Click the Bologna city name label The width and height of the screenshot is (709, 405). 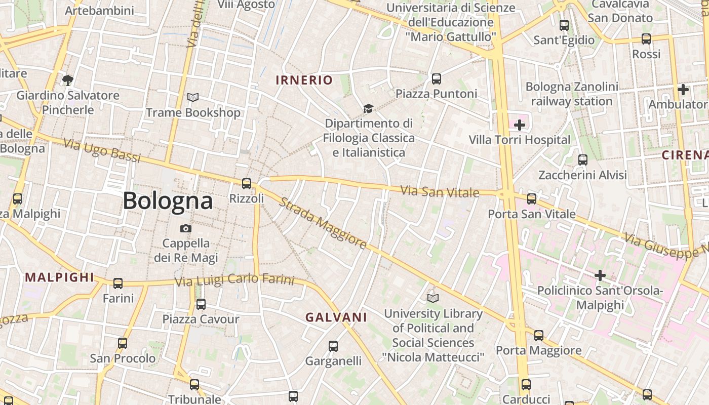tap(168, 201)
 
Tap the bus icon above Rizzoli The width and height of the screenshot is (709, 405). tap(247, 184)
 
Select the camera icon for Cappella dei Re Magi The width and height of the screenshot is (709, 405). tap(186, 228)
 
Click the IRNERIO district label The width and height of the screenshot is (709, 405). tap(304, 80)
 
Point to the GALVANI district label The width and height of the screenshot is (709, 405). tap(336, 317)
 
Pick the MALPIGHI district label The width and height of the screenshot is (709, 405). tap(60, 277)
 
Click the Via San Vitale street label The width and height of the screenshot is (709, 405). tap(440, 192)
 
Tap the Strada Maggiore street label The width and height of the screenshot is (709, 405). tap(323, 223)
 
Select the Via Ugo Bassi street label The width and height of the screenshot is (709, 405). tap(102, 151)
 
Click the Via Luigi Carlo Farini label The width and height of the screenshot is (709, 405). tap(234, 279)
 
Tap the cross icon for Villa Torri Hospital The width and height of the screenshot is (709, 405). tap(520, 125)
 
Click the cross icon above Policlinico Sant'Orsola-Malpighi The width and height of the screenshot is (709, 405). tap(600, 275)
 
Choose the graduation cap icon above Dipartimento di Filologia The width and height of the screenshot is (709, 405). tap(368, 108)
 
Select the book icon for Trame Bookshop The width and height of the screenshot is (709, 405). tap(193, 97)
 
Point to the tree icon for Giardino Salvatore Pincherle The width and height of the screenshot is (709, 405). tap(67, 79)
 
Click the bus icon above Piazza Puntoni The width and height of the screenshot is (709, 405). tap(437, 78)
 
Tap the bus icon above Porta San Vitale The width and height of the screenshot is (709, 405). tap(532, 198)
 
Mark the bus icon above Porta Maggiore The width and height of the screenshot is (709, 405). tap(539, 335)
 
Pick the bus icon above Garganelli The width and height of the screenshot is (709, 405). tap(333, 346)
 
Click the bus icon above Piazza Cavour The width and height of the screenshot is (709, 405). tap(201, 304)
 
